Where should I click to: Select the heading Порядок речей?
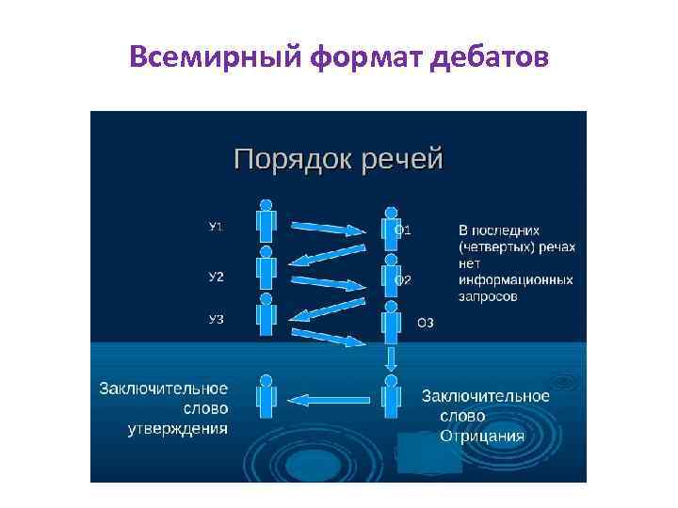pos(338,158)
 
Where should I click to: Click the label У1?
pos(216,227)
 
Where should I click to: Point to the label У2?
pos(216,277)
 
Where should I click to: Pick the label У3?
pos(216,320)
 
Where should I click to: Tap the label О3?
pos(426,323)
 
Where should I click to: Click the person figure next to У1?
pos(266,222)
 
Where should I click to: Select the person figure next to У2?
pos(266,270)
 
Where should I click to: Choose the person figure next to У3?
pos(266,317)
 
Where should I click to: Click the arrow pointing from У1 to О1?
pos(328,227)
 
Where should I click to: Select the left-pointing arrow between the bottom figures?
pos(328,400)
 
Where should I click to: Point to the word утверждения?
pos(178,430)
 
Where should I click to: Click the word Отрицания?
pos(483,437)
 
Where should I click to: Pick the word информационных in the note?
pos(515,280)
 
